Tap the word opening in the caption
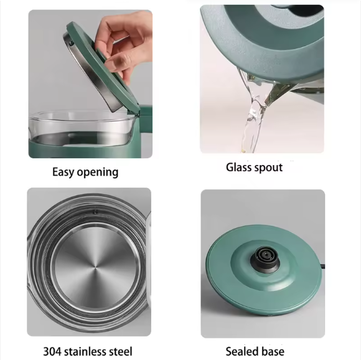point(98,173)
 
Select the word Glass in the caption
point(238,167)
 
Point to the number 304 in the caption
point(52,351)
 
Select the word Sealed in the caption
point(241,351)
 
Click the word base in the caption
point(271,351)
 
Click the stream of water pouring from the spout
point(253,120)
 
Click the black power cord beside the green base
point(322,267)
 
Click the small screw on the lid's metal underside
point(69,42)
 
